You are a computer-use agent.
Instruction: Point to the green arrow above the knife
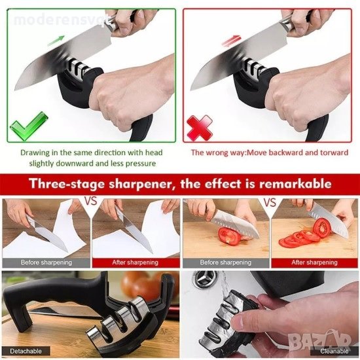[56, 41]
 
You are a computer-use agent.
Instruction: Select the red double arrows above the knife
[232, 41]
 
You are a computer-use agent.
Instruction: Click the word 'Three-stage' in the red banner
[67, 184]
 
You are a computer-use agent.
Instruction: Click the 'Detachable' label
[26, 351]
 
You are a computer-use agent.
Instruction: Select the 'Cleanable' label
[334, 351]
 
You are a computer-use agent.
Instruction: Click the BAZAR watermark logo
[319, 340]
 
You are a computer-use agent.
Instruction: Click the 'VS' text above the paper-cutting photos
[91, 202]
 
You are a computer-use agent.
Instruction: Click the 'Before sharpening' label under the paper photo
[46, 262]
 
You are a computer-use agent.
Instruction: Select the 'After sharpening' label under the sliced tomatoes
[315, 262]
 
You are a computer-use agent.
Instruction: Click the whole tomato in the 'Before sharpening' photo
[230, 236]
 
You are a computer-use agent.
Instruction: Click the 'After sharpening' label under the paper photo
[135, 262]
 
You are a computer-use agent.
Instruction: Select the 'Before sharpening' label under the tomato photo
[226, 262]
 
